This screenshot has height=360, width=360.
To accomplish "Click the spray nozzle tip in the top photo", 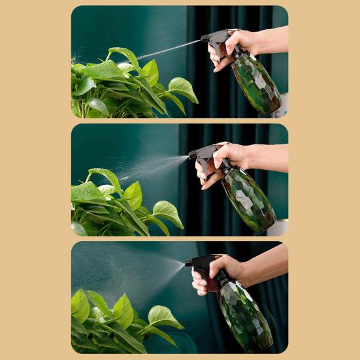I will pyautogui.click(x=203, y=40).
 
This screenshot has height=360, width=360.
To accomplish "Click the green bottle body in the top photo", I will pyautogui.click(x=257, y=84).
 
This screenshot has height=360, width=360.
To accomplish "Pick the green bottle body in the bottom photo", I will pyautogui.click(x=245, y=314).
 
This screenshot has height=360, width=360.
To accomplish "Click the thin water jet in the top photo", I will pyautogui.click(x=167, y=50).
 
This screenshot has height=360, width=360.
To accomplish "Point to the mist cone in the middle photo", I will pyautogui.click(x=154, y=167).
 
